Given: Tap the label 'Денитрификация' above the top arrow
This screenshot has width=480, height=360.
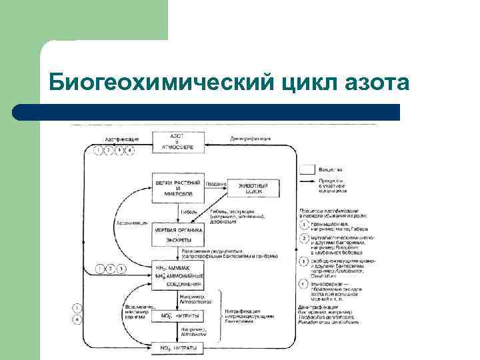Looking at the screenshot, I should [251, 139].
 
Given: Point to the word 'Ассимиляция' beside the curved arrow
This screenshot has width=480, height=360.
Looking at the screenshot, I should [131, 223].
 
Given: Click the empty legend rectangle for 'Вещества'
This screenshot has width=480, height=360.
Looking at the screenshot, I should [307, 169].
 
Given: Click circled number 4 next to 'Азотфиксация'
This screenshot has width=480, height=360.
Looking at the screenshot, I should [131, 150].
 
